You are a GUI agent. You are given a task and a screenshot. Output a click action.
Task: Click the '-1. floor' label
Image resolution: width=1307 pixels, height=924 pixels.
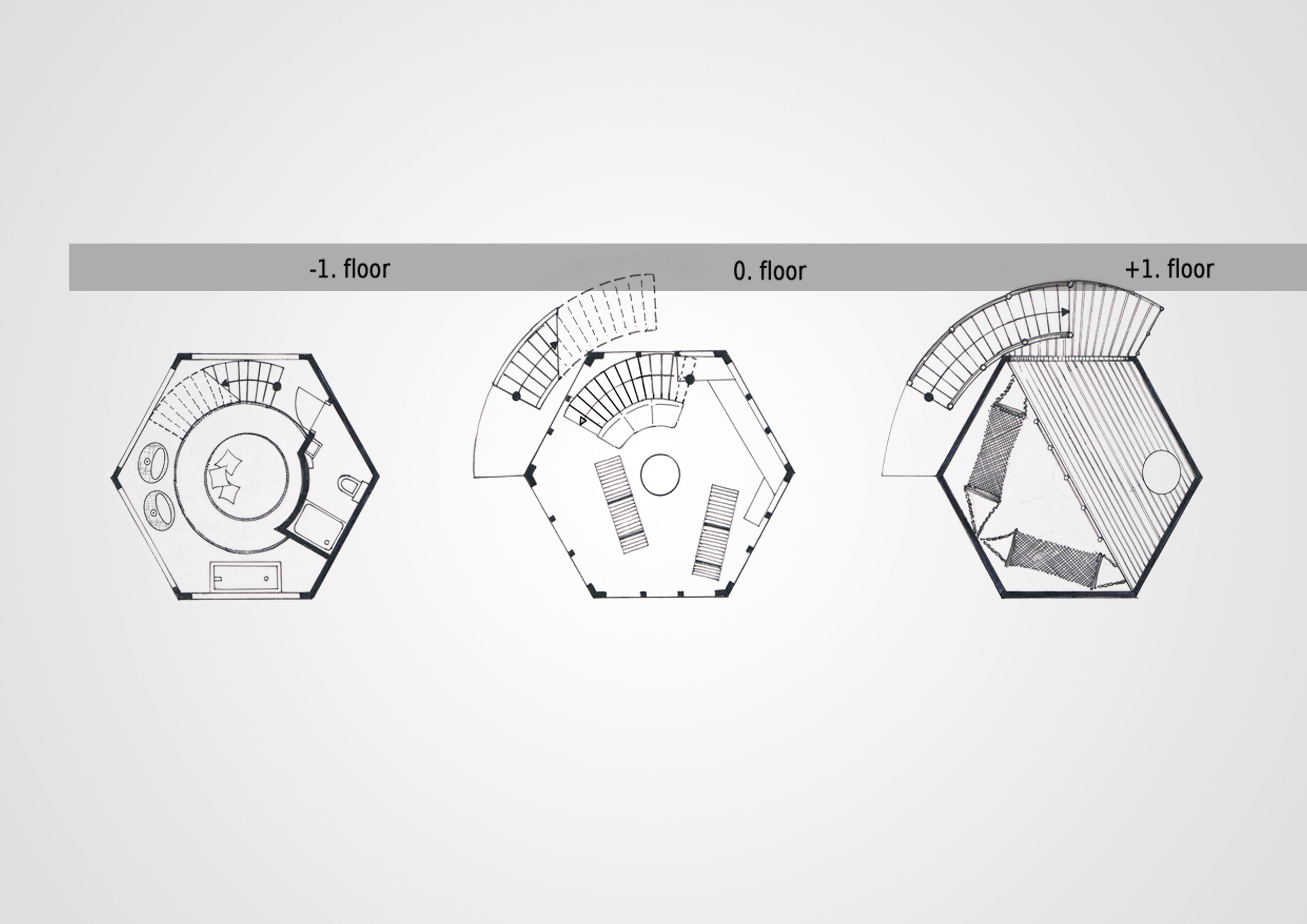point(350,269)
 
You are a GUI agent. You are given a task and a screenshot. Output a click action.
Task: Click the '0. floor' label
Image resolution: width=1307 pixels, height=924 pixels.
point(769,271)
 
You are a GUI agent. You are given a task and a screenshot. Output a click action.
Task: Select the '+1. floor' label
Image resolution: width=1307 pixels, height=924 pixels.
point(1169,269)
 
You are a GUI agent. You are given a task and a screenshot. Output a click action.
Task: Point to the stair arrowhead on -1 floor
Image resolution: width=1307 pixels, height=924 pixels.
point(225,383)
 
